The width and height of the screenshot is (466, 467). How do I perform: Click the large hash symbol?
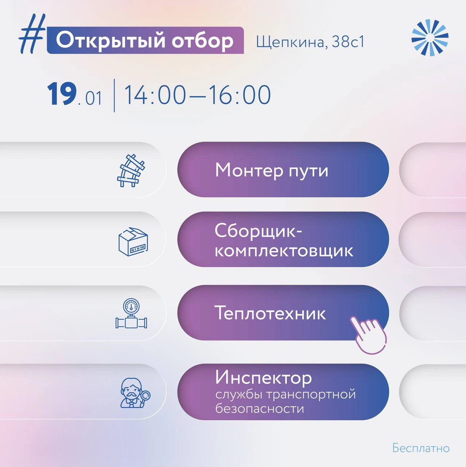[32, 34]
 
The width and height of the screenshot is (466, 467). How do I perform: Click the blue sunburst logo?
[430, 38]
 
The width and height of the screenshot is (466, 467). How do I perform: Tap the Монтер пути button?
[283, 169]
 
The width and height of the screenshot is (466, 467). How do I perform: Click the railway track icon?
[131, 170]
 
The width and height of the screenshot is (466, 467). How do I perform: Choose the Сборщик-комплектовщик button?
[283, 239]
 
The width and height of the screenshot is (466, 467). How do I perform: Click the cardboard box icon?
[133, 241]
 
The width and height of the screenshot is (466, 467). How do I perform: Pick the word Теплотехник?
[270, 313]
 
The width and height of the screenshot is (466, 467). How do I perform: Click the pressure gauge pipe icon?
[131, 313]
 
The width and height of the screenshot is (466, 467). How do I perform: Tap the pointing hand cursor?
[368, 335]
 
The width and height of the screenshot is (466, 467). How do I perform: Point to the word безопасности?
[260, 408]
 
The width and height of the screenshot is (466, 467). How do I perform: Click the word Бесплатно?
[421, 448]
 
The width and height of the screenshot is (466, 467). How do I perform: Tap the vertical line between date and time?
[114, 96]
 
